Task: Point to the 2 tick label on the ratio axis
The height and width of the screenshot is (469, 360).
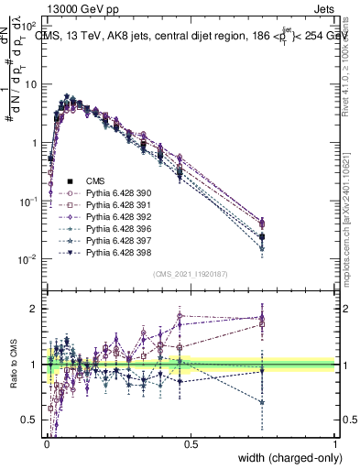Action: pos(34,309)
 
